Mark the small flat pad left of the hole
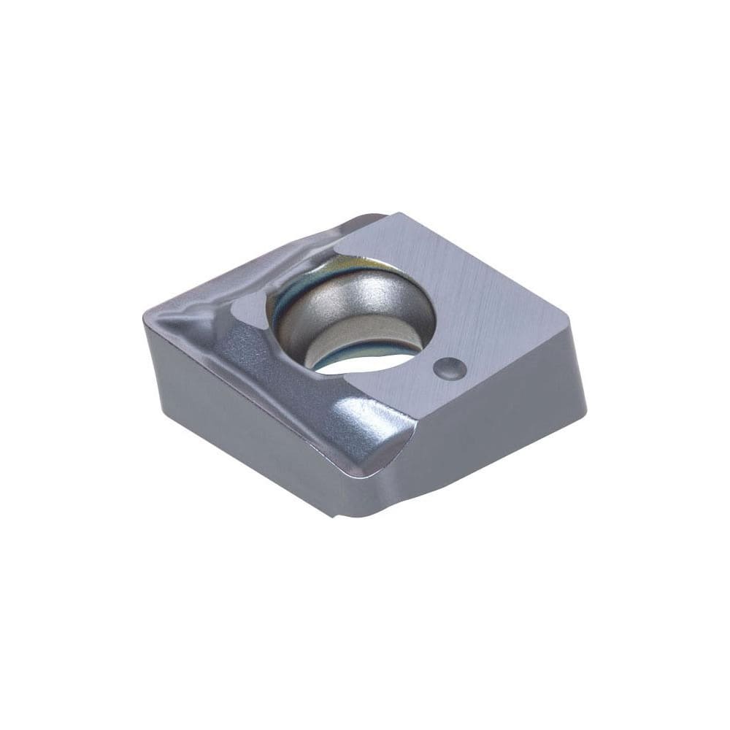coord(252,310)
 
